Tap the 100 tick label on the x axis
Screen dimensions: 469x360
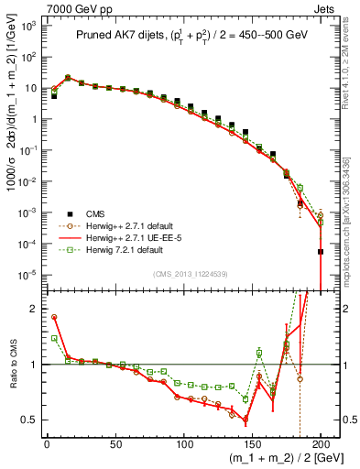(x=183, y=444)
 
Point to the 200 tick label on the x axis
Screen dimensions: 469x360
(x=321, y=444)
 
